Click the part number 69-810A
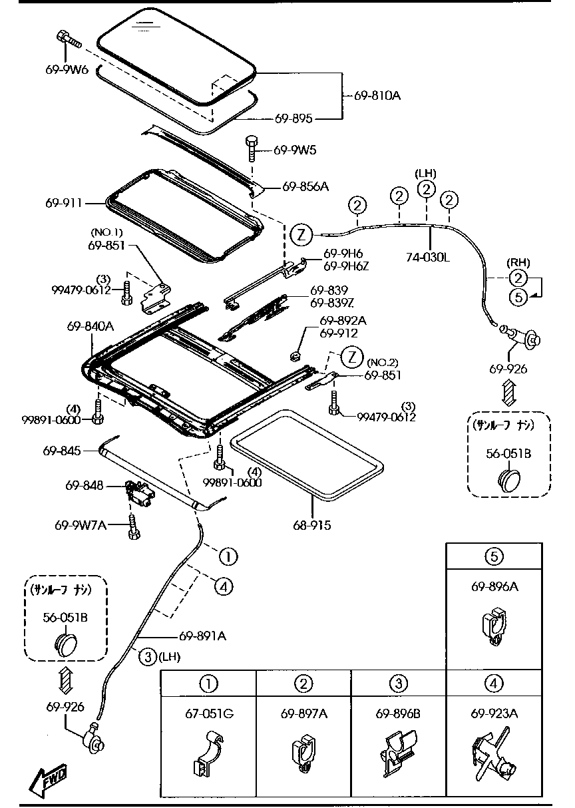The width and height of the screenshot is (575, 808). (x=377, y=96)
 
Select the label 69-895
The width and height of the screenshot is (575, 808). (x=293, y=118)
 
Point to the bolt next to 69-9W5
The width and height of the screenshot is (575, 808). (x=252, y=148)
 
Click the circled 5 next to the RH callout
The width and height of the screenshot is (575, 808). (x=519, y=297)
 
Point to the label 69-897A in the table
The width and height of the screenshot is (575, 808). (x=303, y=714)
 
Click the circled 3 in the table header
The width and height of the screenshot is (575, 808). (x=398, y=683)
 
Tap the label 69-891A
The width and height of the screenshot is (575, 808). (x=202, y=636)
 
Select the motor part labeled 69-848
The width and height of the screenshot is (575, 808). (x=138, y=493)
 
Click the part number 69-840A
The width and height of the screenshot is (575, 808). (x=90, y=326)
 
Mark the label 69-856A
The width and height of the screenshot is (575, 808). (x=305, y=186)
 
